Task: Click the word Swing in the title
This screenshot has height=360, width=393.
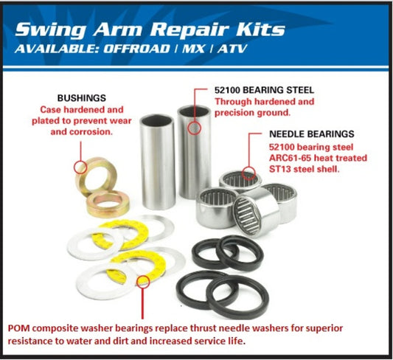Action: click(x=53, y=30)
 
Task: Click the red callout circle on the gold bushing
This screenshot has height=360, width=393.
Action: click(x=80, y=166)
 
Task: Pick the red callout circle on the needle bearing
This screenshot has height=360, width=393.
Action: click(x=249, y=174)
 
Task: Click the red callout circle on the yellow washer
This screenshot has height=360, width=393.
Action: click(x=143, y=281)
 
